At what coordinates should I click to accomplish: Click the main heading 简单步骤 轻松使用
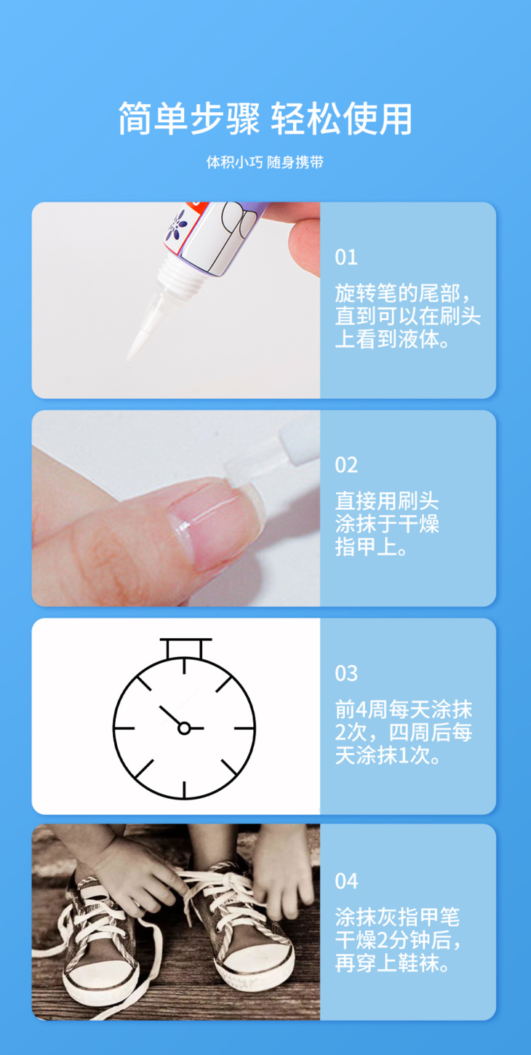(265, 119)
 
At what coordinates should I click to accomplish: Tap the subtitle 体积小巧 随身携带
(265, 162)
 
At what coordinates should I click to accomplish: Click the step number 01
(346, 258)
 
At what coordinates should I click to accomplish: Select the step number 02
(346, 466)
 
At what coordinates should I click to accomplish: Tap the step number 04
(346, 881)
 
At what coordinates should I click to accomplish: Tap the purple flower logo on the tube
(176, 226)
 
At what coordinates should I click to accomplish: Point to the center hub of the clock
(184, 728)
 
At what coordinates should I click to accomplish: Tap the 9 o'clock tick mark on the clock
(124, 728)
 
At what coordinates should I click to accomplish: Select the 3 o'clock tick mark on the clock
(244, 728)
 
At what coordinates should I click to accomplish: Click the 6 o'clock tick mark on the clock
(184, 789)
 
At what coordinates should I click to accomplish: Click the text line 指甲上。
(371, 547)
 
